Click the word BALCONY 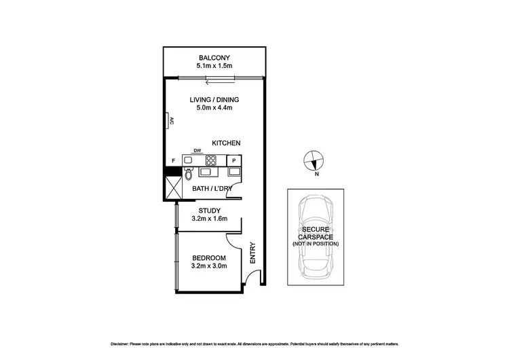coord(212,57)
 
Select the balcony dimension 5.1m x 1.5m coord(212,67)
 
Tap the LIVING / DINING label coord(214,99)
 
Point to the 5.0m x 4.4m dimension coord(214,108)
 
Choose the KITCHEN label coord(226,143)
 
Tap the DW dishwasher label coord(197,151)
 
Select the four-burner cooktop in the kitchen coord(211,161)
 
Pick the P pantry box coord(233,160)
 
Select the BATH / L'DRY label coord(212,187)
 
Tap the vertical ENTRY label coord(252,253)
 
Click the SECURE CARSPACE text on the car coord(314,234)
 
